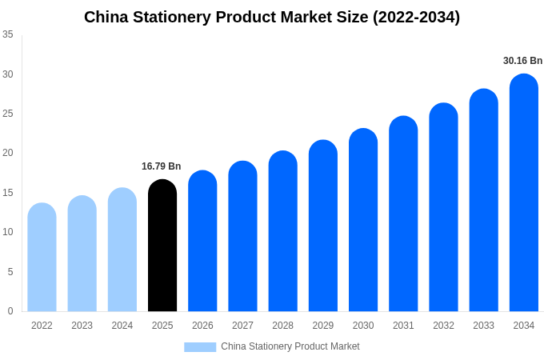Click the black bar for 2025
162,246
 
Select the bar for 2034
524,193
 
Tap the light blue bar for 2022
42,258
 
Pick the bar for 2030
363,220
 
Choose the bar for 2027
242,236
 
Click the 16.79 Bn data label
162,166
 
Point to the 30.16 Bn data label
522,61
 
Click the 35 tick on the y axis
8,34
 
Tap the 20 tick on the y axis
8,153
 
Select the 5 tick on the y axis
10,272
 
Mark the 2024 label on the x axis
122,326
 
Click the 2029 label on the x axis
323,326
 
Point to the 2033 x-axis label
483,326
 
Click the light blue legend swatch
200,347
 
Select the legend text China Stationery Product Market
290,346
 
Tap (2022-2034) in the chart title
416,17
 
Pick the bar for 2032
443,207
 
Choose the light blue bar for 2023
82,254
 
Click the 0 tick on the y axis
10,311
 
